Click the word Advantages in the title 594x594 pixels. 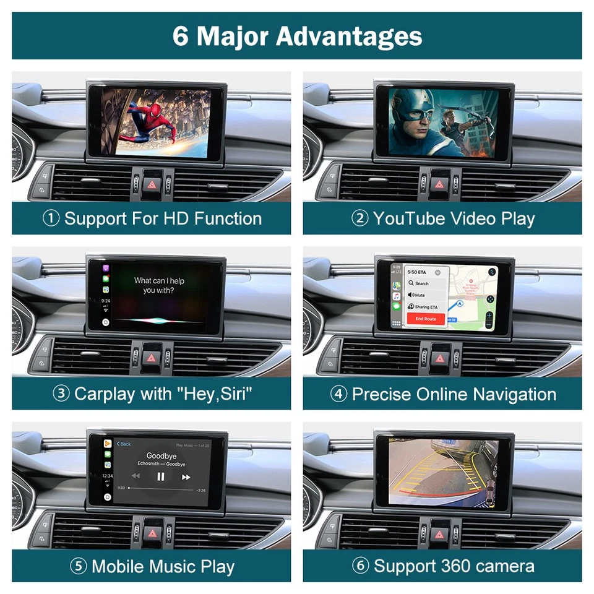349,36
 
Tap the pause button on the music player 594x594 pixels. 161,476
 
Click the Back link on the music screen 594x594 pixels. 124,444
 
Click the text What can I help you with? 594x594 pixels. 159,285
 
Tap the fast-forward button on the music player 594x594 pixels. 186,476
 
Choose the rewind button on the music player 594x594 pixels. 136,476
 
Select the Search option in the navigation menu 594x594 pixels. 421,283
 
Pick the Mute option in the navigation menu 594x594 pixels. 420,295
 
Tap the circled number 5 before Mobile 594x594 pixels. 78,567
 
